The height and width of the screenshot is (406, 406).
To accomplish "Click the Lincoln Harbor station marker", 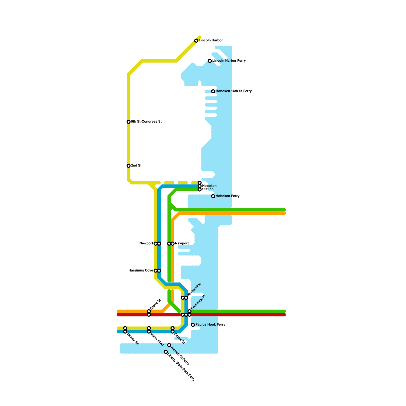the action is pos(196,41).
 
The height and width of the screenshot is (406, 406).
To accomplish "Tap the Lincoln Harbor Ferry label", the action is pos(229,61).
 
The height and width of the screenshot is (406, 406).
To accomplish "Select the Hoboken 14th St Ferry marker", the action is pos(213,91).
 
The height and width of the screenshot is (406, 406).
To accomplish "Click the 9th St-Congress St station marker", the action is pos(129,122).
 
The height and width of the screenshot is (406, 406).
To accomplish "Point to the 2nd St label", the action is pos(136,166).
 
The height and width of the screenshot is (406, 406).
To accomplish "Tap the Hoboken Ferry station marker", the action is pos(213,196).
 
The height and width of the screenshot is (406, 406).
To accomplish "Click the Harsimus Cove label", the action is pos(141,270).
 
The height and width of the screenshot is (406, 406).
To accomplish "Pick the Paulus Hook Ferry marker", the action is pos(193,325).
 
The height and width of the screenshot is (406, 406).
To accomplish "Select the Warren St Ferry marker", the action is pos(169,345).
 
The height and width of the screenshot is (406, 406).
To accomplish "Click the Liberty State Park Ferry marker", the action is pos(166,352).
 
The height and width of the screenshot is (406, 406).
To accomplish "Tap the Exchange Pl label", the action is pos(198,302).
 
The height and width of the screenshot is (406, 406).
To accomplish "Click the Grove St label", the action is pos(156,304).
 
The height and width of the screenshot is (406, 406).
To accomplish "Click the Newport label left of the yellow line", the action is pos(146,244).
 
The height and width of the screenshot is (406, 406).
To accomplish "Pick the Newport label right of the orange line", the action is pos(182,244).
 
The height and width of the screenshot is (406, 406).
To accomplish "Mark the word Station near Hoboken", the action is pos(208,189).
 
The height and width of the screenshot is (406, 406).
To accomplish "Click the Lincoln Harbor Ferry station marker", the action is pos(210,61).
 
